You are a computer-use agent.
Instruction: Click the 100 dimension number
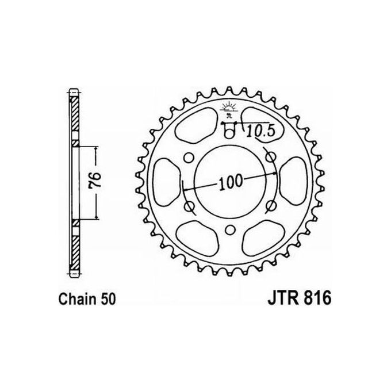230,182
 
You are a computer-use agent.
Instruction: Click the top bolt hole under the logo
229,134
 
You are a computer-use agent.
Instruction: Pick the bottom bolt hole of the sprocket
229,231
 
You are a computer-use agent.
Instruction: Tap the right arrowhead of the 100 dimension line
277,173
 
